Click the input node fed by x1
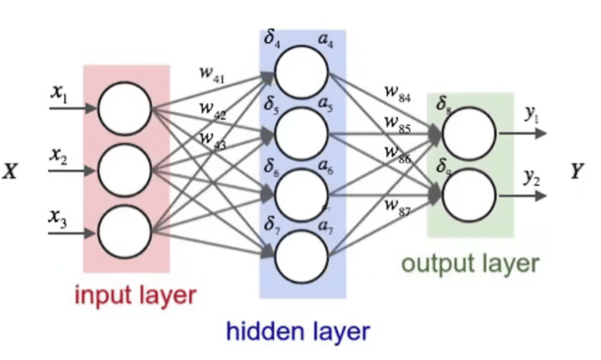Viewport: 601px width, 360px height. pyautogui.click(x=124, y=107)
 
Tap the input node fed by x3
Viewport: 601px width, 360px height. pyautogui.click(x=124, y=232)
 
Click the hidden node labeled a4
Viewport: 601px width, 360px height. pyautogui.click(x=302, y=71)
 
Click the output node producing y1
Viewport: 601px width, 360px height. pyautogui.click(x=469, y=134)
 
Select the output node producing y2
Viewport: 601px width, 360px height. pyautogui.click(x=469, y=195)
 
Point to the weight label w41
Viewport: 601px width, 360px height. pyautogui.click(x=210, y=75)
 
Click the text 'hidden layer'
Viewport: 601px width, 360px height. pyautogui.click(x=298, y=332)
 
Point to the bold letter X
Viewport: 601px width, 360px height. pyautogui.click(x=9, y=171)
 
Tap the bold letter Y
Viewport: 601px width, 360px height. pyautogui.click(x=576, y=171)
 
